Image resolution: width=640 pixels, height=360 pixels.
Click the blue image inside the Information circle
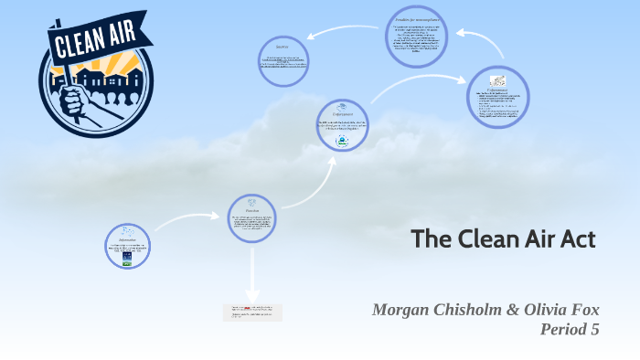tap(127, 257)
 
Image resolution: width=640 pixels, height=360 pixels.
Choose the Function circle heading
tap(251, 209)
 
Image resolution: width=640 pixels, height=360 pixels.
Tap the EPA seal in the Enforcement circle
tap(342, 140)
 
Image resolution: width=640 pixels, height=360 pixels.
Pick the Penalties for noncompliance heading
tap(416, 18)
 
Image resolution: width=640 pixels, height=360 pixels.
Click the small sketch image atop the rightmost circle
tap(498, 81)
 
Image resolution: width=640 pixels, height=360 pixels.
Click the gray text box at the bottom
tap(252, 312)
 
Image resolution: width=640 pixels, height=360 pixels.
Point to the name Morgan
tap(405, 310)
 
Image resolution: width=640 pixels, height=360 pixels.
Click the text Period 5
tap(570, 330)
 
